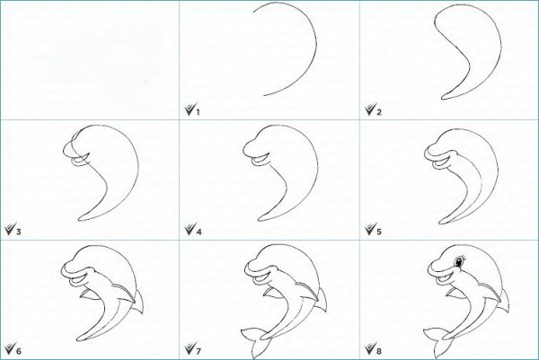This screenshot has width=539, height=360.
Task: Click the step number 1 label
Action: tap(198, 111)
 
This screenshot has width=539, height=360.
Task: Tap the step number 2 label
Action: tap(379, 111)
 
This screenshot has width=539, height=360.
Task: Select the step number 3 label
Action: tap(19, 232)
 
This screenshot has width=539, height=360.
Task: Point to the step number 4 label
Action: tap(199, 232)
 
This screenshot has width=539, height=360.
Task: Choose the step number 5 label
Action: tap(379, 232)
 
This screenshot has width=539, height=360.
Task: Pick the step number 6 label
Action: tap(19, 351)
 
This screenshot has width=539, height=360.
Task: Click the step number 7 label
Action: tap(199, 351)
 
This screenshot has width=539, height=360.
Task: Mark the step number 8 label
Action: tap(379, 351)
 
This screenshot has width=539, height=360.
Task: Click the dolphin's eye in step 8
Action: tap(458, 262)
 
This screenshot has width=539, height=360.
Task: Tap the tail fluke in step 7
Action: tap(255, 340)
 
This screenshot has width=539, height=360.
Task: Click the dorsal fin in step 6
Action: tap(139, 302)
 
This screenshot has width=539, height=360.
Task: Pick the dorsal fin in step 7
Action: tap(323, 302)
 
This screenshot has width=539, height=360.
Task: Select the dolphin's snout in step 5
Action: tap(432, 151)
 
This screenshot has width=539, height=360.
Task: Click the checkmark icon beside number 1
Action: tap(190, 110)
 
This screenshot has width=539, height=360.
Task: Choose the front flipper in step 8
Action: tap(453, 293)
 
